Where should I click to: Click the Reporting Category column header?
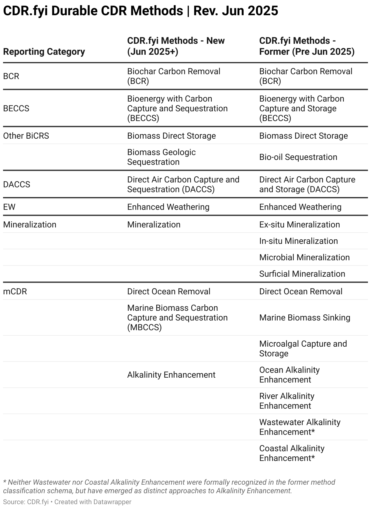click(x=44, y=52)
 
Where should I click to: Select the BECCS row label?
click(x=16, y=109)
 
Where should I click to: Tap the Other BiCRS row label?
click(x=26, y=136)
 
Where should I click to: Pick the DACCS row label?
click(x=16, y=185)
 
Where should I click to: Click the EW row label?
click(x=9, y=207)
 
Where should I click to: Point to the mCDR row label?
click(x=15, y=292)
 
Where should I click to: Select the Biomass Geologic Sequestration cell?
click(x=161, y=157)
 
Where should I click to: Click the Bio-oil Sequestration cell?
click(x=298, y=157)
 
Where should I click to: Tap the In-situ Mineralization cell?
click(x=298, y=241)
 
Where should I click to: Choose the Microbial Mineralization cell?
click(x=304, y=258)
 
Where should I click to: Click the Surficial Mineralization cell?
click(x=302, y=274)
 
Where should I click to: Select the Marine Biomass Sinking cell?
click(x=305, y=318)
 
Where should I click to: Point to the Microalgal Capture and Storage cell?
click(x=303, y=349)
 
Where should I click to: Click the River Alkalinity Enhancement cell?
click(x=286, y=401)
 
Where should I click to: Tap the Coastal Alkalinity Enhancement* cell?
click(x=292, y=453)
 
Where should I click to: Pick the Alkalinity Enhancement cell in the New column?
click(x=171, y=375)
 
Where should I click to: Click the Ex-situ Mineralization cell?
click(x=299, y=225)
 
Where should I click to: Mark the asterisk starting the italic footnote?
click(x=5, y=482)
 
